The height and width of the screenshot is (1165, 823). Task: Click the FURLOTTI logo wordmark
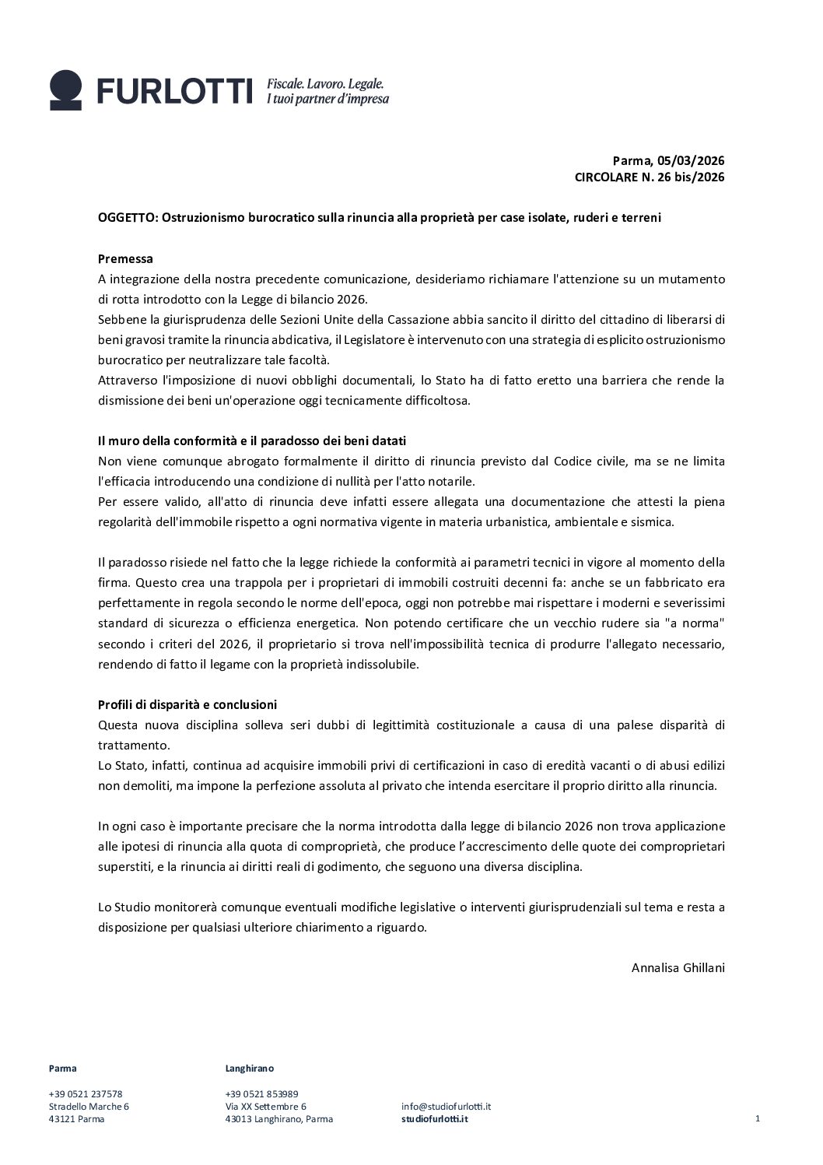(x=175, y=91)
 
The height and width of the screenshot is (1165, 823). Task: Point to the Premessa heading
(x=125, y=258)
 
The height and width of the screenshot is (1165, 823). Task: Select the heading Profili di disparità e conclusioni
(x=187, y=704)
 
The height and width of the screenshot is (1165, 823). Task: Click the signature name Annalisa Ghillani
(x=678, y=968)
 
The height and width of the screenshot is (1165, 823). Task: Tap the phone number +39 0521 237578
(x=86, y=1093)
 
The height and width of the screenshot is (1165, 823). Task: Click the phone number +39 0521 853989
(x=261, y=1093)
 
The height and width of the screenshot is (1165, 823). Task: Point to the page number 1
(x=757, y=1118)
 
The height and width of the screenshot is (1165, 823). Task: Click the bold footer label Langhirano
(x=249, y=1069)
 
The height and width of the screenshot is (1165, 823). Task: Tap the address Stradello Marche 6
(x=89, y=1106)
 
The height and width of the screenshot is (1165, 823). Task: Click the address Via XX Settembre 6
(x=265, y=1106)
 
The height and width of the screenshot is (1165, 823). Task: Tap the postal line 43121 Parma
(x=76, y=1119)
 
